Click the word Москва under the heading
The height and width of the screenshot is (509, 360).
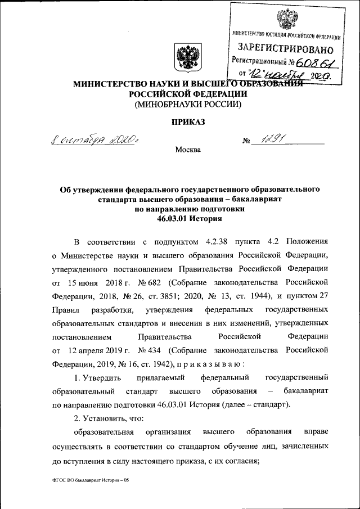(x=187, y=150)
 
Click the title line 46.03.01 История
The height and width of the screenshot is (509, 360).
(x=186, y=219)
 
